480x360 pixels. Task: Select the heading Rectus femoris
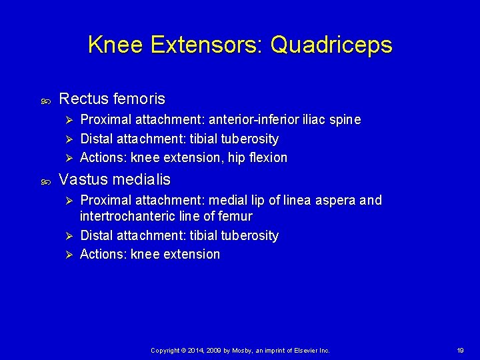point(112,99)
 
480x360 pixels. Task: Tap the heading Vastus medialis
point(115,179)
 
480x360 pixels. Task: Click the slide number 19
point(460,350)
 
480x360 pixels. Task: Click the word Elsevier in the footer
point(305,350)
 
